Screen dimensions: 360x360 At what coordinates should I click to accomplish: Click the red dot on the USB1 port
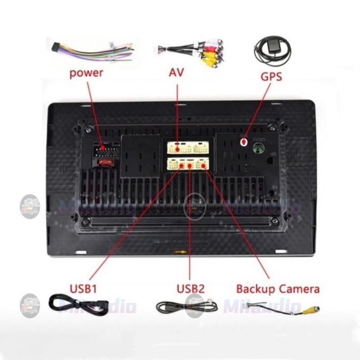tap(182, 166)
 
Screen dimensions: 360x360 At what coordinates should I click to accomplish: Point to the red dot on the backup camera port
tap(203, 166)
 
